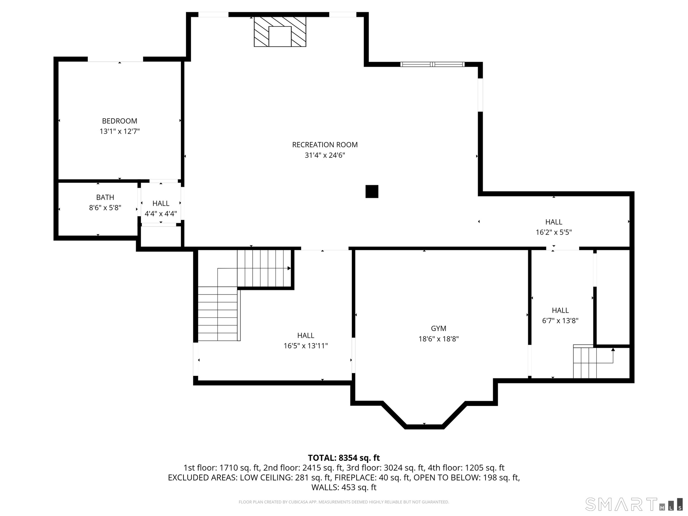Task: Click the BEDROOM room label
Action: click(x=119, y=121)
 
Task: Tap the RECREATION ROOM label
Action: click(x=325, y=145)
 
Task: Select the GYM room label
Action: click(x=439, y=328)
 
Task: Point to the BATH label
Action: click(x=105, y=197)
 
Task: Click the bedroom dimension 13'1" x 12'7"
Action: click(x=119, y=132)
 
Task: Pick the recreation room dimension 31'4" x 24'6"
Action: click(x=325, y=155)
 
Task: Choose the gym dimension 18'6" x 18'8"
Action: click(x=439, y=339)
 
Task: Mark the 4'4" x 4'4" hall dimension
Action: click(x=161, y=214)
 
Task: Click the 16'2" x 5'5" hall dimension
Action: click(x=554, y=232)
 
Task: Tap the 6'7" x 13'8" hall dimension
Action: click(x=560, y=321)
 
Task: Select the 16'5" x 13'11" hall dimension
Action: click(x=306, y=346)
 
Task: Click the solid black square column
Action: click(x=372, y=191)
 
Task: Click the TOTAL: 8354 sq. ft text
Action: click(x=344, y=458)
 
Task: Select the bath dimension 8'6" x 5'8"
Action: click(x=105, y=208)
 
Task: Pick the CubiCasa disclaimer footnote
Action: click(x=344, y=502)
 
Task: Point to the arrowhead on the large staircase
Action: click(x=289, y=268)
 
